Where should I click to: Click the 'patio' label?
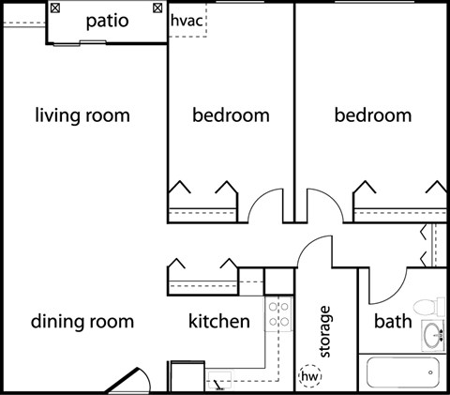click(x=107, y=22)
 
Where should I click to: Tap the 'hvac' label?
click(x=187, y=21)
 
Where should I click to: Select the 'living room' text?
click(x=82, y=115)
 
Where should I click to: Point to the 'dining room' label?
click(x=82, y=322)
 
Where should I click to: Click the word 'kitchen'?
click(x=219, y=321)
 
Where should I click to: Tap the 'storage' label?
click(x=324, y=331)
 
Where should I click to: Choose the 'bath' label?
click(x=393, y=321)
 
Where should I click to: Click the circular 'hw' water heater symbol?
click(x=310, y=376)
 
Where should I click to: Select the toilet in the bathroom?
click(x=429, y=307)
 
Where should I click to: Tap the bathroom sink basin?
click(x=433, y=335)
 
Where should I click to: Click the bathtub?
click(x=403, y=372)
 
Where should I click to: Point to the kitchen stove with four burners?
click(x=278, y=314)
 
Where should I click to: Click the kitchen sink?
click(x=220, y=380)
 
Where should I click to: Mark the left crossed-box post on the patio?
click(x=55, y=8)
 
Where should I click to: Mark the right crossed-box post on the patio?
click(x=157, y=8)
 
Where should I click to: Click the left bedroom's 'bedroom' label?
click(x=231, y=115)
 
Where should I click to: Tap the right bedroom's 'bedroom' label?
click(x=373, y=115)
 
